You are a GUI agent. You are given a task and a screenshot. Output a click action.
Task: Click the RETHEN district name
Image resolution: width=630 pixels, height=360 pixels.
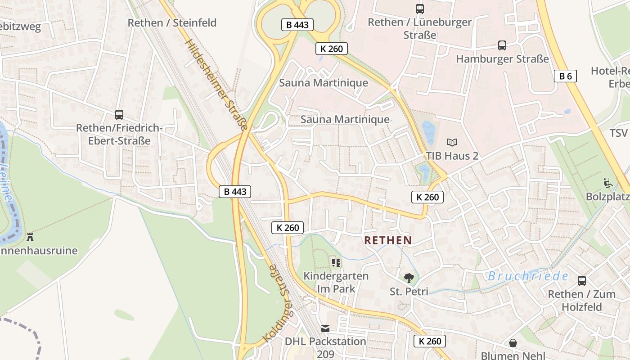coord(388,240)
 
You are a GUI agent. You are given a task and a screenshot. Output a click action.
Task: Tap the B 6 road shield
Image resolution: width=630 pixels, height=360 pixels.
coord(565,76)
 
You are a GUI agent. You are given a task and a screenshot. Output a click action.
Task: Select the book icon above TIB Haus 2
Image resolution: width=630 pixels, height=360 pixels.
coord(452,142)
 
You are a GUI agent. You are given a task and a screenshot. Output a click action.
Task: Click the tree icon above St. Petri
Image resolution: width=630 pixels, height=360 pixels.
coord(409,278)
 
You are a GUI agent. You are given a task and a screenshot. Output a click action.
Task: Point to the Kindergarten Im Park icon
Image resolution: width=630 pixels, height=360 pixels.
coord(336,262)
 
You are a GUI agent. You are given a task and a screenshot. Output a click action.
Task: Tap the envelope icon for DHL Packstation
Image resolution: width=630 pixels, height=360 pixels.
coord(325,328)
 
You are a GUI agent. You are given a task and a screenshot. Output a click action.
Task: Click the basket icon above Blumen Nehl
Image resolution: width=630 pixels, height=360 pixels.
coord(513,343)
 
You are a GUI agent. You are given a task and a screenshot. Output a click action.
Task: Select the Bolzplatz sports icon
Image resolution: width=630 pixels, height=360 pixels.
coord(607,183)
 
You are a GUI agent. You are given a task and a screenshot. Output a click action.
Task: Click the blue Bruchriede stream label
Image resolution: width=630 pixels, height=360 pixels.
coord(528,276)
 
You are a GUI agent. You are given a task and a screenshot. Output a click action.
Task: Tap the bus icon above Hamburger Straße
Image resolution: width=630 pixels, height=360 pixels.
coord(502,45)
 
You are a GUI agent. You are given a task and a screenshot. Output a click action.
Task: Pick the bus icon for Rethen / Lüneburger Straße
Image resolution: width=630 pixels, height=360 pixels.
coord(419,9)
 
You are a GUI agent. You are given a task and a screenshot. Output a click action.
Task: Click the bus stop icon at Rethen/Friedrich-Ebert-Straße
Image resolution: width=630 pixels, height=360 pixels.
coord(119,115)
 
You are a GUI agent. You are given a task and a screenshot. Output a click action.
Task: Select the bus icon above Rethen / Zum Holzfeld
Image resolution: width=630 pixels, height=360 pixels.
coord(581,281)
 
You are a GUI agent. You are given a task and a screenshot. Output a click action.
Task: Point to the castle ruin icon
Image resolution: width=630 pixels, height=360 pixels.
coord(30,237)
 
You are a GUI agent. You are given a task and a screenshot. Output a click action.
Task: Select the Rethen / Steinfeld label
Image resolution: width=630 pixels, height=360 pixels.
coord(172,22)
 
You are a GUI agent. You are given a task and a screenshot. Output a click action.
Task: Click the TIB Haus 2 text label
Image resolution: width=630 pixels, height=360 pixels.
coord(452,156)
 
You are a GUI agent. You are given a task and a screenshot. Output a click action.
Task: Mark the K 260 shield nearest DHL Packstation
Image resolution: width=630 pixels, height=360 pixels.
coord(430,341)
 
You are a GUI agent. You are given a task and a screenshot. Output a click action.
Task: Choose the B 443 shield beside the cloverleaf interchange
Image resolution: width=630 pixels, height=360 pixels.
coord(297,25)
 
